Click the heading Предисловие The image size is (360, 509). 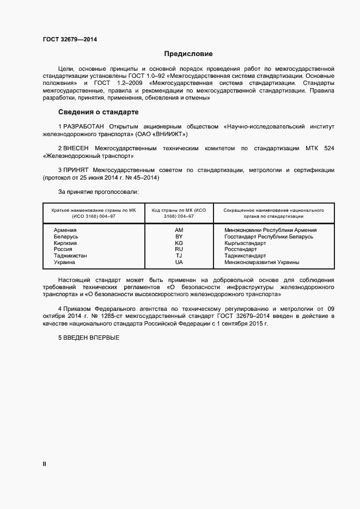pos(188,54)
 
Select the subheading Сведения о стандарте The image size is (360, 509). pos(99,112)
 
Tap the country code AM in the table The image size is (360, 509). pos(179,230)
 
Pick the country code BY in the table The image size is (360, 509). pos(179,237)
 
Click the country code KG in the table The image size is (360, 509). pos(179,243)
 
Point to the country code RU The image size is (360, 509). pos(179,249)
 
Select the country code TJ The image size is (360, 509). pos(179,256)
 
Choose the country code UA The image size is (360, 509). pos(179,262)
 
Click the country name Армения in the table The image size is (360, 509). pos(65,230)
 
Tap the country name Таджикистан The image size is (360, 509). pos(70,256)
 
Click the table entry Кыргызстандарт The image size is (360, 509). pos(245,243)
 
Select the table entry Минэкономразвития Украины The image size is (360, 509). pos(261,262)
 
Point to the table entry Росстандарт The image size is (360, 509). pos(241,249)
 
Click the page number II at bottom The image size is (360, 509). pos(45,464)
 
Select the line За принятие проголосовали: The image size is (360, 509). pos(98,192)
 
